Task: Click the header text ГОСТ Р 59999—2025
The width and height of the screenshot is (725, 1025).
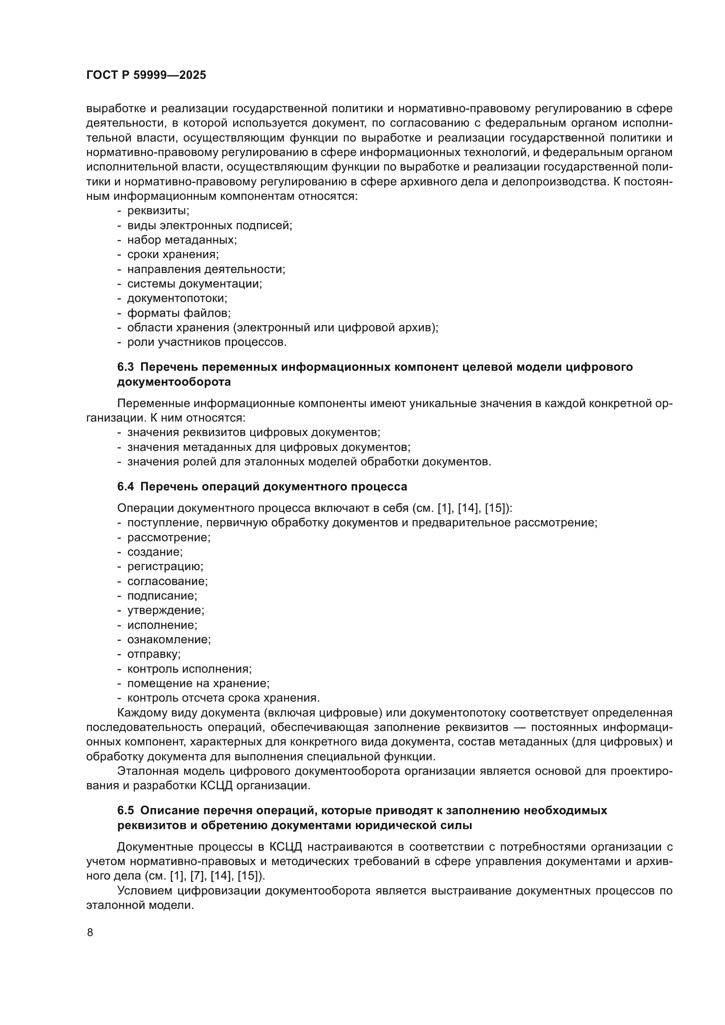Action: pos(146,75)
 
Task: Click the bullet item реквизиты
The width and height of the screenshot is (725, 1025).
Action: pos(158,210)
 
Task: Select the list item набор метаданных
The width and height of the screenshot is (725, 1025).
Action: pos(182,240)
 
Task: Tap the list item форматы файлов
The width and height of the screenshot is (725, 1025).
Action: pos(178,313)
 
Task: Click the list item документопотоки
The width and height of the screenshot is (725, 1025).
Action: pos(177,298)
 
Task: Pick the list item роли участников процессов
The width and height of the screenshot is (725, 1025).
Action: pos(207,342)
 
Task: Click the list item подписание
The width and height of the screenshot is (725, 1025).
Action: pos(162,596)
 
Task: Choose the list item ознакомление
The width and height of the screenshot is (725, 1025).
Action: pos(169,639)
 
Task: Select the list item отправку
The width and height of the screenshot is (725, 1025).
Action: pos(154,654)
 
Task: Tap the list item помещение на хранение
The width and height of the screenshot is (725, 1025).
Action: pos(198,684)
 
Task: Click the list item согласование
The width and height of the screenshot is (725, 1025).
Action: pos(167,581)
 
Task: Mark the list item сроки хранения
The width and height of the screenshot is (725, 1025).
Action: pos(173,255)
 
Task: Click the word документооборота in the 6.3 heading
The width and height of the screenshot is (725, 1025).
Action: pos(174,382)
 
